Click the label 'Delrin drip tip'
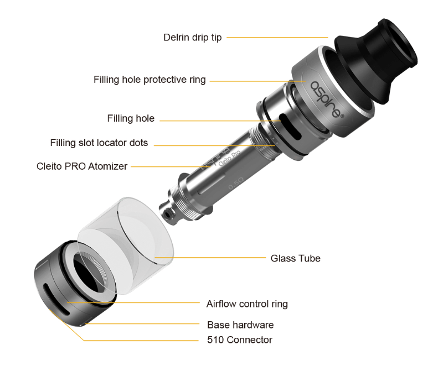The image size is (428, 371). [x=193, y=38]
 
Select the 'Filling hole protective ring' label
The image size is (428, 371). [x=149, y=80]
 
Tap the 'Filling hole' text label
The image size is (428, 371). [x=131, y=118]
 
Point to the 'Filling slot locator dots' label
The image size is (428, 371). [x=99, y=143]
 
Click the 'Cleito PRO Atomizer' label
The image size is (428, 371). [x=82, y=166]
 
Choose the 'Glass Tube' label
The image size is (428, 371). [x=295, y=258]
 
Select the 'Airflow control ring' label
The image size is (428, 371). [x=247, y=304]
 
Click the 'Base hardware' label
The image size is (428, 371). [x=240, y=325]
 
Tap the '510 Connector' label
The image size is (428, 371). [x=240, y=339]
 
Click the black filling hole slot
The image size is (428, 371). [x=291, y=127]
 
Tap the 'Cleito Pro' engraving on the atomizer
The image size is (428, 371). [x=229, y=158]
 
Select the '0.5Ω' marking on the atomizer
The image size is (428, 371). [x=236, y=183]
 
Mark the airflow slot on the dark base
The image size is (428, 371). [x=56, y=299]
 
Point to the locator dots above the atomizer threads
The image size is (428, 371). [x=273, y=138]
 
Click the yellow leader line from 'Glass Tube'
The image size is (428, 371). [x=210, y=258]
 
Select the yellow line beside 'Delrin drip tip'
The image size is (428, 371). [x=277, y=38]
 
